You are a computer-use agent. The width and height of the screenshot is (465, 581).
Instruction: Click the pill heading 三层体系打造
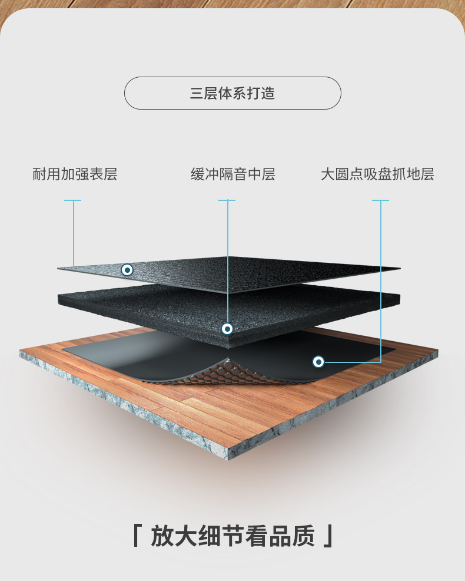(232, 93)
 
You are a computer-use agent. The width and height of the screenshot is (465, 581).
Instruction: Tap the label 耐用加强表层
(75, 174)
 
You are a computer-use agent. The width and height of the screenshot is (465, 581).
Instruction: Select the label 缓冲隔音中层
(232, 174)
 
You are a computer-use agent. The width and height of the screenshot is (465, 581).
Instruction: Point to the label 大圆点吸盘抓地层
(377, 174)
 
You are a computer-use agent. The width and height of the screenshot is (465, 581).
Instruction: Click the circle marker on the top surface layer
(127, 270)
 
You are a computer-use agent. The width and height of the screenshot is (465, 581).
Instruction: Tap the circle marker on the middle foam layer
(227, 328)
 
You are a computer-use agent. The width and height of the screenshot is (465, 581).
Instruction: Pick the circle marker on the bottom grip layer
(318, 361)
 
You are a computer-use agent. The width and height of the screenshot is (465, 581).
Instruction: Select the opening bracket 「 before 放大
(137, 536)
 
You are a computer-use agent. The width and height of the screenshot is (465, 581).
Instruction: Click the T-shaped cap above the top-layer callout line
(73, 200)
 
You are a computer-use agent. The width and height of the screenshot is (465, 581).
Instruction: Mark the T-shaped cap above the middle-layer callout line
(227, 200)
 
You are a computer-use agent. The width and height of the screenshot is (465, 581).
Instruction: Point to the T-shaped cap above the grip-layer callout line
(381, 200)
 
